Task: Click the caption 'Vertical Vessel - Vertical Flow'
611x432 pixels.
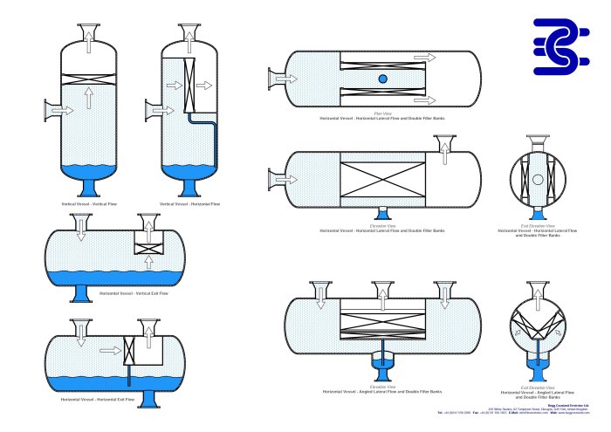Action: [89, 203]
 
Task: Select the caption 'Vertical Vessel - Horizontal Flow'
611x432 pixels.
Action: [190, 203]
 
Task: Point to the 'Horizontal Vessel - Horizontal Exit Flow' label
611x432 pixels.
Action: [98, 398]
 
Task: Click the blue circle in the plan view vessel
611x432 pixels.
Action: [382, 80]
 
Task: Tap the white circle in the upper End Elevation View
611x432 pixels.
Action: [538, 179]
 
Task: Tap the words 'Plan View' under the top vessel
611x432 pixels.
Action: [381, 113]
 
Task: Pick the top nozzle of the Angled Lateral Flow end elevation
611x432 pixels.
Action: [538, 291]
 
